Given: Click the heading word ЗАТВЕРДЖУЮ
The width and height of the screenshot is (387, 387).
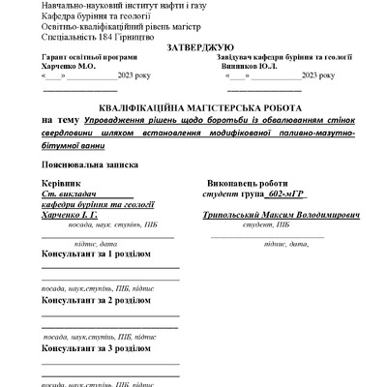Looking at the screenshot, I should click(x=199, y=46).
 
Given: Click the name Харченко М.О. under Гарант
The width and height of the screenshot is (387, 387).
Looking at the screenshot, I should click(x=69, y=67).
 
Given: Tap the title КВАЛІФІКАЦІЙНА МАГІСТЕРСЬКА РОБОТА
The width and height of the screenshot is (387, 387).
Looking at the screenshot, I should click(x=199, y=105).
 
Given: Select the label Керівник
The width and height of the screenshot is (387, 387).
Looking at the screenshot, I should click(x=62, y=183).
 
